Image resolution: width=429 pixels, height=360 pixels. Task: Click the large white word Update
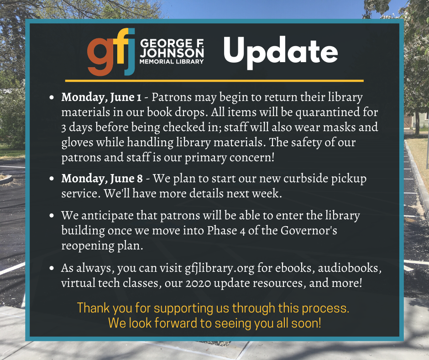tap(281, 52)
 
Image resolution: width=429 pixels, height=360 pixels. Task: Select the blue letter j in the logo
tap(130, 52)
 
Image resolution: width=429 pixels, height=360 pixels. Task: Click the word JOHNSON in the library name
tap(172, 53)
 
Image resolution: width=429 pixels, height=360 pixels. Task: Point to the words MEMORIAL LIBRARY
tap(172, 62)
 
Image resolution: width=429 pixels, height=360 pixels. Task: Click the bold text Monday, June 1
tap(101, 97)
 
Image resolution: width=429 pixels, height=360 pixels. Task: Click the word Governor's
tap(309, 230)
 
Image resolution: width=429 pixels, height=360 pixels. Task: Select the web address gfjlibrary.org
tap(220, 269)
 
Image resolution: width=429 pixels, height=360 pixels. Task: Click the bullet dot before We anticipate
tap(52, 216)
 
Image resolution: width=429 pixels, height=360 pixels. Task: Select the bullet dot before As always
tap(52, 268)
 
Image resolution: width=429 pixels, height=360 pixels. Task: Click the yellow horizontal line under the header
tap(214, 81)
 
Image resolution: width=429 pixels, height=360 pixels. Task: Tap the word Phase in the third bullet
tap(222, 230)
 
